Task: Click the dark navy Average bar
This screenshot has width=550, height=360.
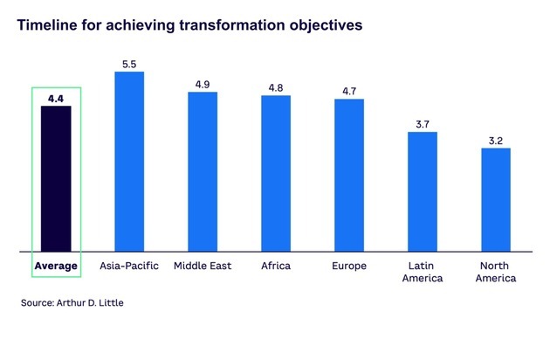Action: tap(56, 179)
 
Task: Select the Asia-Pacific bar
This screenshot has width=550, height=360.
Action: tap(129, 162)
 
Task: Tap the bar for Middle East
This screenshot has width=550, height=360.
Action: tap(203, 171)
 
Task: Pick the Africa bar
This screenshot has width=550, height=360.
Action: tap(276, 173)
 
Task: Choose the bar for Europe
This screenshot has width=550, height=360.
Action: tap(349, 175)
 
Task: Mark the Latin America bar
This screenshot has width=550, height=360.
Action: tap(423, 191)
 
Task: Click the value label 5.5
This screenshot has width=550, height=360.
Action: tap(129, 64)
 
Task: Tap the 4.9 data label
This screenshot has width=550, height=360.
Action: tap(203, 84)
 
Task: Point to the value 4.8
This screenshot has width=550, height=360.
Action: tap(276, 87)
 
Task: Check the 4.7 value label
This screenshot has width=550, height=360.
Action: tap(349, 91)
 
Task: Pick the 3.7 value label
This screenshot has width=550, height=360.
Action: tap(423, 124)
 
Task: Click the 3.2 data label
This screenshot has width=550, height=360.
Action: tap(496, 140)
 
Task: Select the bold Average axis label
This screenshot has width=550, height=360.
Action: tap(56, 265)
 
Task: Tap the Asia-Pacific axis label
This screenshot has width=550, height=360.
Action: tap(129, 265)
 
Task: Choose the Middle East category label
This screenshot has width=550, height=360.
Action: tap(203, 265)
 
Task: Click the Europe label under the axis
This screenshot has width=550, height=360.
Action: tap(349, 265)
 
